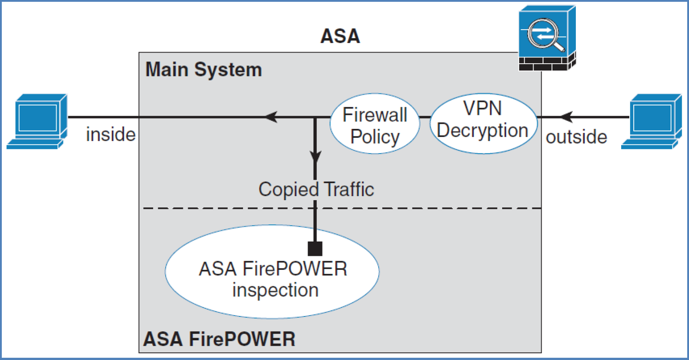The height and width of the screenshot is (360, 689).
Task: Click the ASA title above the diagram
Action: (340, 36)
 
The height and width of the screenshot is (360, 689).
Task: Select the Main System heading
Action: (203, 70)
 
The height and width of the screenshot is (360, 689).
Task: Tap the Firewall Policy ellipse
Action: (375, 124)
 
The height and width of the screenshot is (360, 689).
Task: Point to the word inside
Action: (110, 135)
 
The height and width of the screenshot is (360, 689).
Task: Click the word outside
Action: (576, 137)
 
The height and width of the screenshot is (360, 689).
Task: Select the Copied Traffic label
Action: (316, 189)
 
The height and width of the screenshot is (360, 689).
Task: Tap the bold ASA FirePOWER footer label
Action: (219, 339)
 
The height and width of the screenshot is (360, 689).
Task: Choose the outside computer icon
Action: (651, 121)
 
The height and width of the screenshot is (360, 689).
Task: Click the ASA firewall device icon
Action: (547, 38)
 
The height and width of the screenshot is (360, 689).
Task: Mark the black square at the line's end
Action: (315, 249)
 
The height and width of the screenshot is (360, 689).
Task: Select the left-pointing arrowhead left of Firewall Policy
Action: (271, 117)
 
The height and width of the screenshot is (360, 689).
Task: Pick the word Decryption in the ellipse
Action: (482, 131)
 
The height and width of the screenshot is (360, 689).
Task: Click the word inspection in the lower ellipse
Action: (275, 290)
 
